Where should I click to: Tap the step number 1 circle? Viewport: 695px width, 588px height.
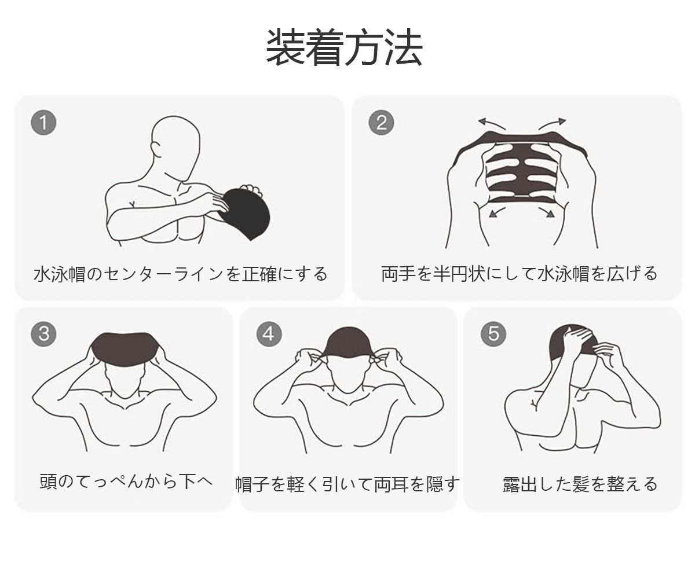pyautogui.click(x=43, y=123)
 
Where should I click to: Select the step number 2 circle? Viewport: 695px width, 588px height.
pyautogui.click(x=381, y=123)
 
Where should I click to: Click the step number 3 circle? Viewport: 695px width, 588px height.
pyautogui.click(x=43, y=334)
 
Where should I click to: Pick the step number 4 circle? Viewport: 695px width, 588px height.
pyautogui.click(x=269, y=334)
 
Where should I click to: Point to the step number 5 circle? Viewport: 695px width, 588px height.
pyautogui.click(x=493, y=334)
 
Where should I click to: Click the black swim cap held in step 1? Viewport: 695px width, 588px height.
pyautogui.click(x=246, y=212)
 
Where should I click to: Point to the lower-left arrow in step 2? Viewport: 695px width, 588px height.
pyautogui.click(x=496, y=212)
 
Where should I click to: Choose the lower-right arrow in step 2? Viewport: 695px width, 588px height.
pyautogui.click(x=547, y=212)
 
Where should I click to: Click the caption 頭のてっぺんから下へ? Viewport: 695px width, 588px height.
pyautogui.click(x=126, y=481)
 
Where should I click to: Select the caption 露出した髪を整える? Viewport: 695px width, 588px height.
pyautogui.click(x=580, y=484)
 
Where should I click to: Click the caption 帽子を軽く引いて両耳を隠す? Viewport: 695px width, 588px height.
pyautogui.click(x=348, y=484)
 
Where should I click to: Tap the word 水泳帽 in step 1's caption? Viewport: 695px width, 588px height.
pyautogui.click(x=60, y=274)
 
